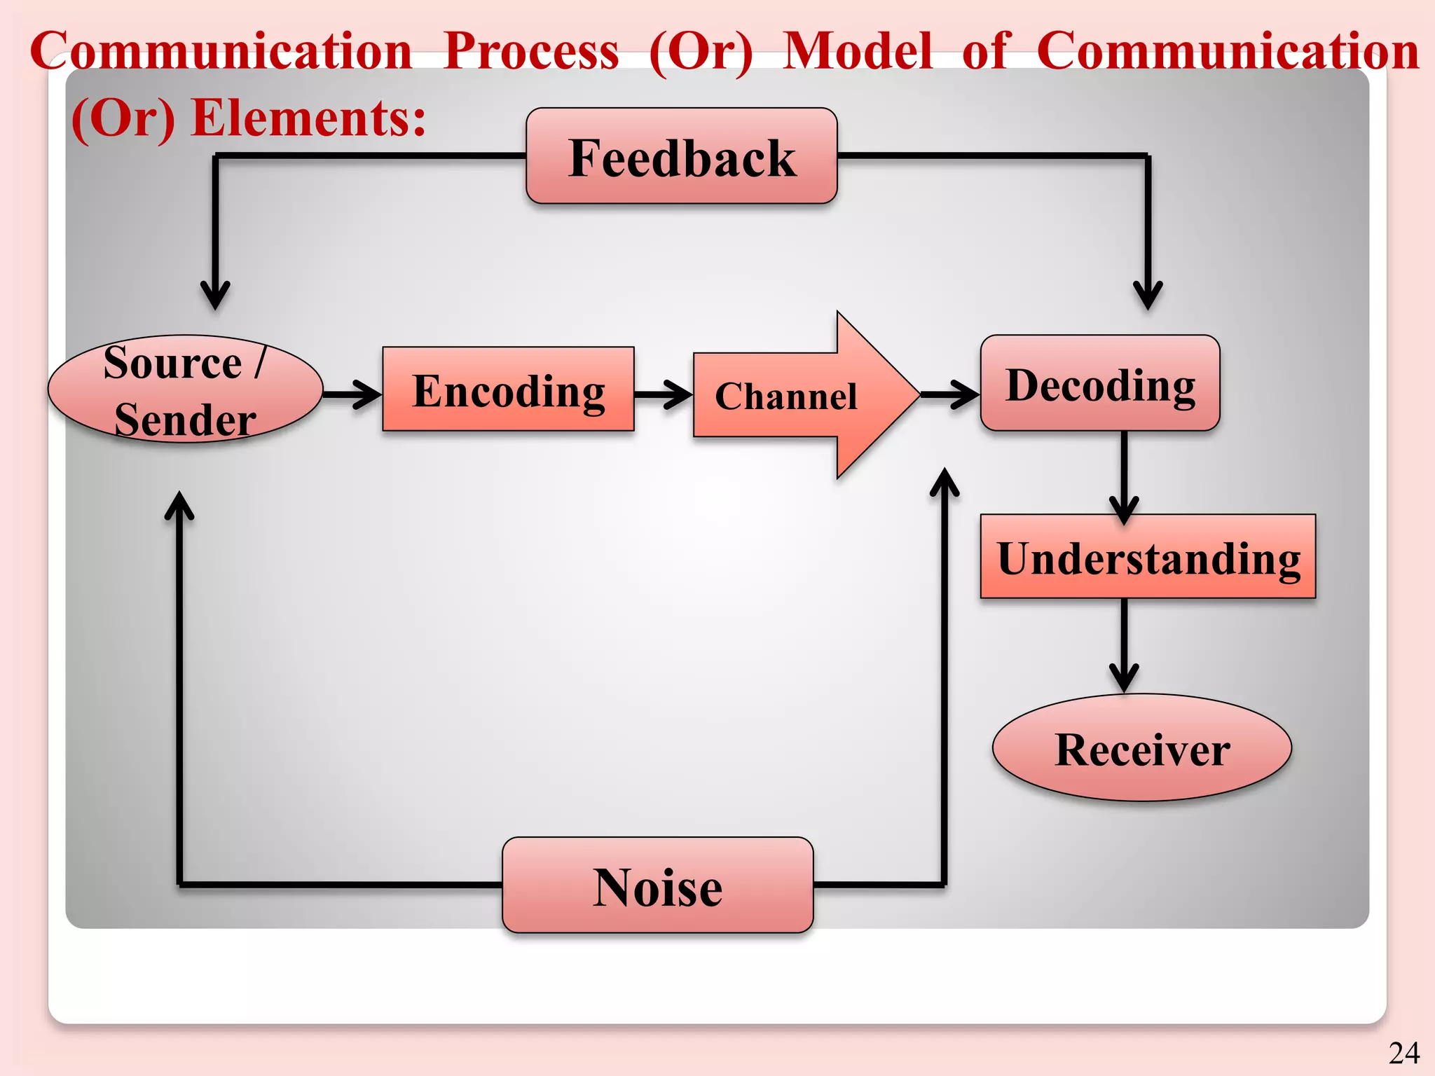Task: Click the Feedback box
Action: point(681,156)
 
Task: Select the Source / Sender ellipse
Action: point(185,389)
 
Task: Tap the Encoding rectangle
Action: point(508,389)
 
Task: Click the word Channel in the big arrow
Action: point(785,396)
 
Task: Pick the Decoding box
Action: point(1100,383)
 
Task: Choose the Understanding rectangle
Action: point(1148,557)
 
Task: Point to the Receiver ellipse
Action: point(1141,748)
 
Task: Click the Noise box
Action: point(657,885)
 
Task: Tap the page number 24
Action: point(1403,1053)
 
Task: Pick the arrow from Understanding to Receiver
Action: point(1124,644)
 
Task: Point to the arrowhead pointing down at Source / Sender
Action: point(215,295)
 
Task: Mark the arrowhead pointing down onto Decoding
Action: point(1148,295)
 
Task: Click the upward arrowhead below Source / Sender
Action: point(179,506)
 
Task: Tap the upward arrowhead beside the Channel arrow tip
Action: point(945,483)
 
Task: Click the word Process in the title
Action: point(531,51)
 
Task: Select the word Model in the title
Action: point(857,51)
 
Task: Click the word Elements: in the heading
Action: point(308,118)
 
